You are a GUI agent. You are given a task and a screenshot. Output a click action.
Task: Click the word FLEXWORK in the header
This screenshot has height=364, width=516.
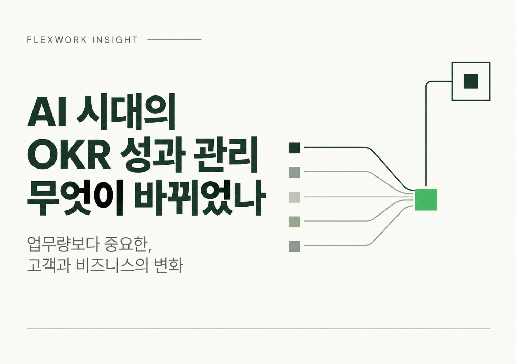[x=57, y=40]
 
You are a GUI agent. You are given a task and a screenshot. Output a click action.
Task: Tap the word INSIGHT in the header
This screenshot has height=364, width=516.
[x=115, y=40]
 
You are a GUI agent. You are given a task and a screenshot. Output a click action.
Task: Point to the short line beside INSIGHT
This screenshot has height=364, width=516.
[x=174, y=40]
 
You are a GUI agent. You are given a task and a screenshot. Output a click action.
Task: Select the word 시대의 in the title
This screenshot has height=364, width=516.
[x=126, y=112]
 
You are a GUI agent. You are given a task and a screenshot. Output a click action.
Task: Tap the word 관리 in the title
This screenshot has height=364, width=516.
[x=226, y=154]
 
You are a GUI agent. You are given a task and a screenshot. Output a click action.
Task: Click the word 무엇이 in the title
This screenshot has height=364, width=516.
[x=75, y=198]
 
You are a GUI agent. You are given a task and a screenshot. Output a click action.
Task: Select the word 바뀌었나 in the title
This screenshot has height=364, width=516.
[x=200, y=198]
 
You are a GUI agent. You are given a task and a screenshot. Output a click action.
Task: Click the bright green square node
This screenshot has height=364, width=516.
[x=426, y=200]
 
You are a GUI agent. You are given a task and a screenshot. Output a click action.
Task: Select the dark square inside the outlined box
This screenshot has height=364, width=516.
[x=471, y=81]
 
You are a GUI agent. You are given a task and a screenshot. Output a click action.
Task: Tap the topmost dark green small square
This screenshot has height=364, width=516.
[x=295, y=148]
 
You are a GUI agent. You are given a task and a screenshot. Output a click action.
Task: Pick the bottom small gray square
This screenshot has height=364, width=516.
[x=295, y=246]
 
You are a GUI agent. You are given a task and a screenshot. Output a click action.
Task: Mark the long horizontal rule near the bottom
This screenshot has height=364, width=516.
[x=258, y=329]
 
